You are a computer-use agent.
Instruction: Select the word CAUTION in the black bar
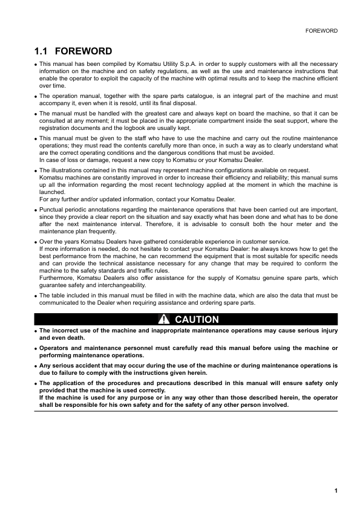(197, 319)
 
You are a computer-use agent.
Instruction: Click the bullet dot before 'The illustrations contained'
(36, 171)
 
